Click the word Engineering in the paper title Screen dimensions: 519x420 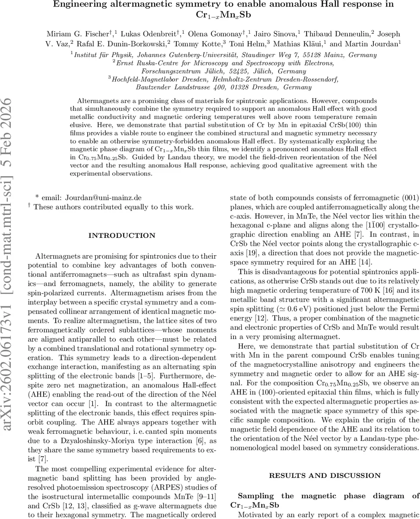pos(76,4)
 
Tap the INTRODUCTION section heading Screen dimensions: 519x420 pos(121,236)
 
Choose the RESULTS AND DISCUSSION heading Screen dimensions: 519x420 pos(325,475)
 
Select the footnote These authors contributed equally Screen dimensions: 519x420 pos(113,207)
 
